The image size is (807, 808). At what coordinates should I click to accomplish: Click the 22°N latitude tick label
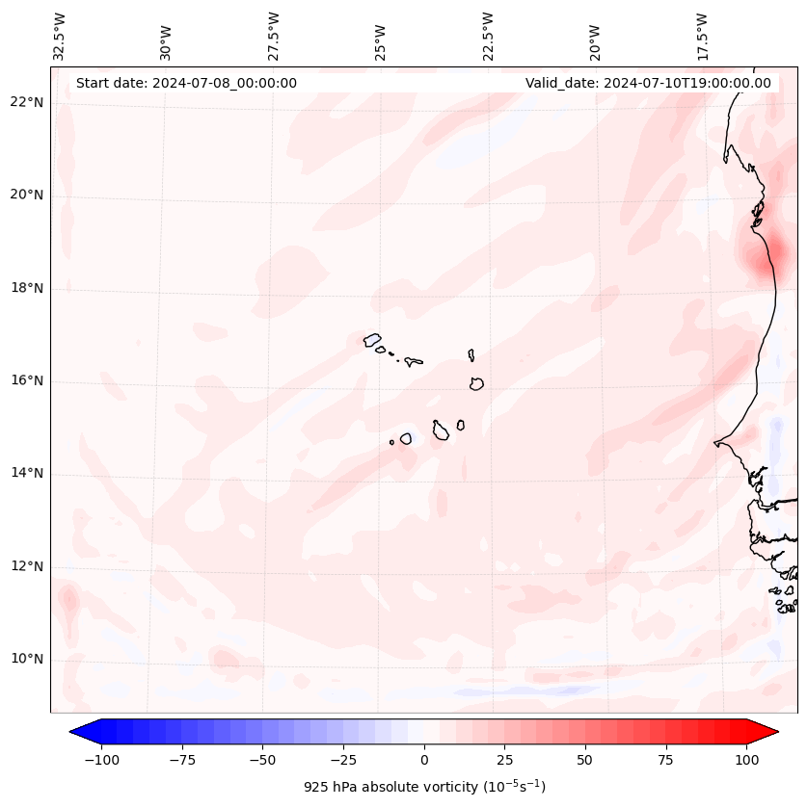pyautogui.click(x=27, y=103)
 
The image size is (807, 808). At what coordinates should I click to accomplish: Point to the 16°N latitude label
pyautogui.click(x=27, y=381)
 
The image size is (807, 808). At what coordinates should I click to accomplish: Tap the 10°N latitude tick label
pyautogui.click(x=27, y=660)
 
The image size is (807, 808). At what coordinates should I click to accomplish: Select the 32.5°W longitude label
pyautogui.click(x=60, y=36)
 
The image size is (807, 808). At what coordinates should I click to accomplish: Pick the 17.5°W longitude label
pyautogui.click(x=703, y=36)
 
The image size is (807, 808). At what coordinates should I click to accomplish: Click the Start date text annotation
pyautogui.click(x=186, y=83)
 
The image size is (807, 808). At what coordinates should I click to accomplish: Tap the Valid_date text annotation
pyautogui.click(x=648, y=83)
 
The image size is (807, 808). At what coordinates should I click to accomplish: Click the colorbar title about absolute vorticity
pyautogui.click(x=424, y=787)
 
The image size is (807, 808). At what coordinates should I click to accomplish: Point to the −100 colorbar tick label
pyautogui.click(x=99, y=760)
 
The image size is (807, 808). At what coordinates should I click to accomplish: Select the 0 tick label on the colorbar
pyautogui.click(x=424, y=760)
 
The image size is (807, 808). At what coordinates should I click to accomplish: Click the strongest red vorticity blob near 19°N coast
pyautogui.click(x=774, y=255)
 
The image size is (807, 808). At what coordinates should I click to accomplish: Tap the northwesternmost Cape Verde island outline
pyautogui.click(x=372, y=339)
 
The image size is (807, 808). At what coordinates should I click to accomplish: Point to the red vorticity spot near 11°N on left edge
pyautogui.click(x=68, y=601)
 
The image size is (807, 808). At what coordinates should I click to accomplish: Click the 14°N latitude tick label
pyautogui.click(x=27, y=474)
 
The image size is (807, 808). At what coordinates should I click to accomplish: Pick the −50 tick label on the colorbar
pyautogui.click(x=261, y=760)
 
